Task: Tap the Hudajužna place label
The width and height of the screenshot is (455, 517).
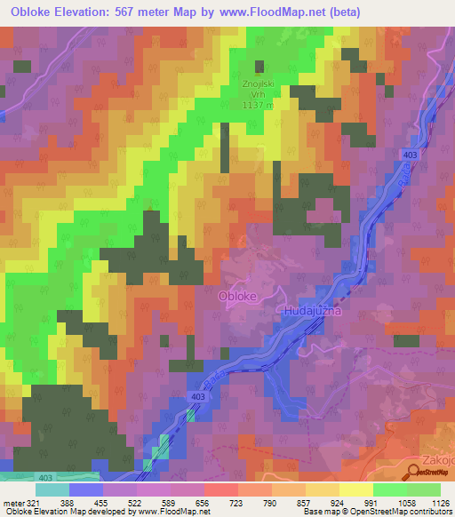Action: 313,311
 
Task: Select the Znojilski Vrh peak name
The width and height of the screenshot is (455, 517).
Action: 259,84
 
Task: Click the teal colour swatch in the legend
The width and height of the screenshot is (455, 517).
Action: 52,489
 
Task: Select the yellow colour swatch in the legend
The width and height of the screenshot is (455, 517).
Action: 355,489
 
